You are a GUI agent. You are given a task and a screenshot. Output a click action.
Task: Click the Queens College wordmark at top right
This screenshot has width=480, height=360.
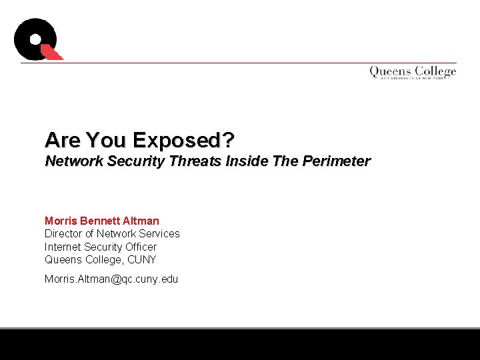tap(413, 72)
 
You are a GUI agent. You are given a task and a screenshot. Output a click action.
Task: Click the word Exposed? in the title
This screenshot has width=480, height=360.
tap(183, 141)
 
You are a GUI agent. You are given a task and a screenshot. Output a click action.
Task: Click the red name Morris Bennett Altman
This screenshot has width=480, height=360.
tap(102, 221)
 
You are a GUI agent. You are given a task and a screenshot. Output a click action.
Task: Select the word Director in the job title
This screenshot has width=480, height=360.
tap(64, 233)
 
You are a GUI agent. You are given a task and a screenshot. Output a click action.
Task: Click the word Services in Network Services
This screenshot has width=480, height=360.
tap(159, 233)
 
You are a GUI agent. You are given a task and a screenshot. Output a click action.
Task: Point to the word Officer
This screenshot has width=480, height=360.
tap(140, 247)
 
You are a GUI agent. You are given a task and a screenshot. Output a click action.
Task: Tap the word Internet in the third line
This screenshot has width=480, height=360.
tap(61, 247)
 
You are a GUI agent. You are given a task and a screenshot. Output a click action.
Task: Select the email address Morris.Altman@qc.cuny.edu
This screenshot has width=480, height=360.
tap(111, 279)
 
